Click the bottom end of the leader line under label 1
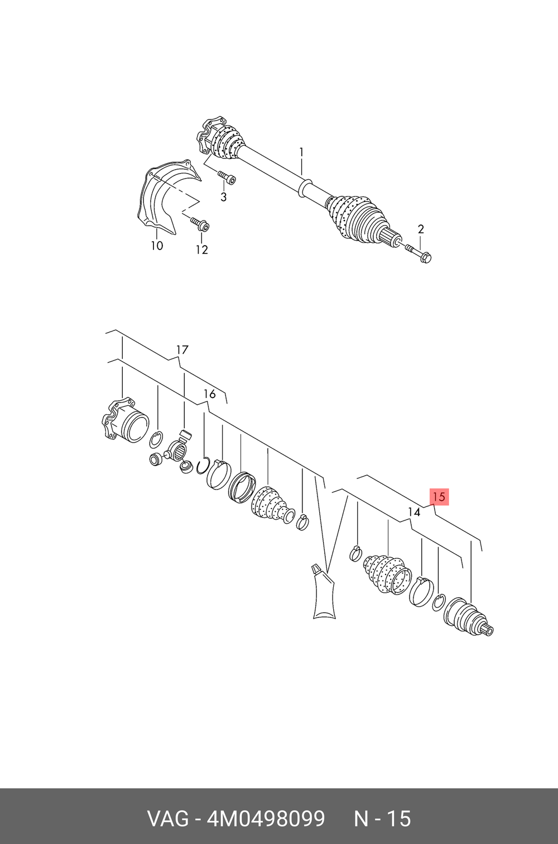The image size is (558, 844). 302,174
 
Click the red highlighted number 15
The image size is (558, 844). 439,497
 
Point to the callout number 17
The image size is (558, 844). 182,350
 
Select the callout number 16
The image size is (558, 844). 209,395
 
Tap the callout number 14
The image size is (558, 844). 413,512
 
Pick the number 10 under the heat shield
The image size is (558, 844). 157,246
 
